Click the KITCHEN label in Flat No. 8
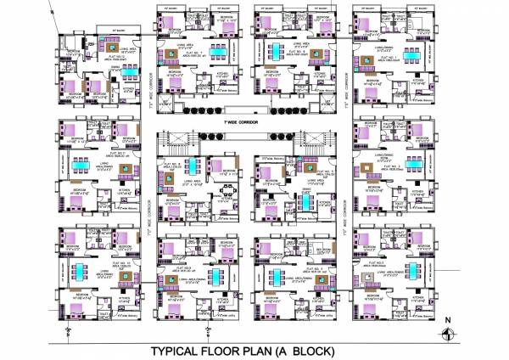pos(221,75)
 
